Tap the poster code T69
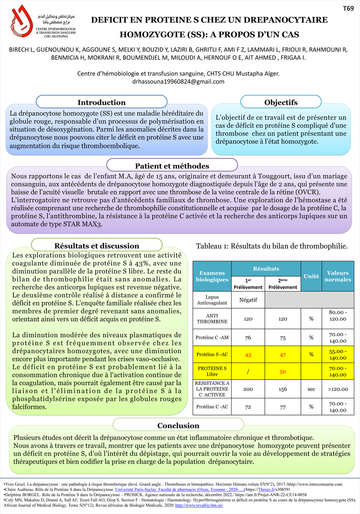click(x=348, y=8)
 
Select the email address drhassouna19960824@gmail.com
click(x=178, y=82)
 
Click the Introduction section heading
click(x=101, y=102)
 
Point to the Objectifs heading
click(x=281, y=102)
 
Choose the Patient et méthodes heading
click(x=172, y=166)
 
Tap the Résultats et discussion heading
click(x=97, y=246)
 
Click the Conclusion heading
click(x=178, y=426)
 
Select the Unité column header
click(x=311, y=276)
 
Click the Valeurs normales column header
click(x=338, y=276)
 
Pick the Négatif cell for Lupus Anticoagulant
click(x=248, y=300)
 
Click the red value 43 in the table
click(x=248, y=355)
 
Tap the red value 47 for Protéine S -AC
click(x=283, y=355)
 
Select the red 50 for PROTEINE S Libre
click(x=283, y=372)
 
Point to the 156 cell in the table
click(x=283, y=389)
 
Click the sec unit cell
click(x=311, y=389)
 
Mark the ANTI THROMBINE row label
click(x=212, y=318)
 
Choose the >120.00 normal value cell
click(x=338, y=389)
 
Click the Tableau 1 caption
click(x=272, y=246)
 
